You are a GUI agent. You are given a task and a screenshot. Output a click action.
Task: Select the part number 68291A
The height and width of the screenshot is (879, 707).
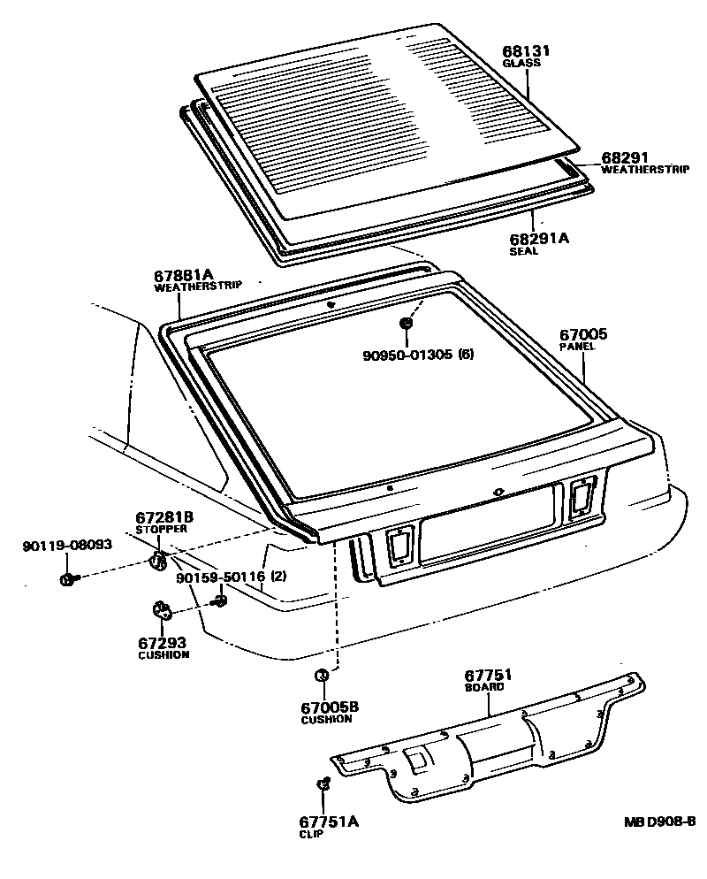[540, 238]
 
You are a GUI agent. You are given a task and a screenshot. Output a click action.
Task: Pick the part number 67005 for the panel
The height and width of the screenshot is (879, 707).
[583, 334]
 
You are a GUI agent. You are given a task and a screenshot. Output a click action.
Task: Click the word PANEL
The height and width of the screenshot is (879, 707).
[577, 347]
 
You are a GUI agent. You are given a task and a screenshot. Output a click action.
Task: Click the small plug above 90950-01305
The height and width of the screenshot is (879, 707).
[406, 325]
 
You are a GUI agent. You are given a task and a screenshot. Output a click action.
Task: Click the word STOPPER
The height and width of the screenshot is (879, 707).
[161, 529]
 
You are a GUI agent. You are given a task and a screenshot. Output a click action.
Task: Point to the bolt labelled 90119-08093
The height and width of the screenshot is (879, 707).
[67, 578]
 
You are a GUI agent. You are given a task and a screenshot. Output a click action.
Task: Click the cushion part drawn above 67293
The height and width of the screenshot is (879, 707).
[160, 610]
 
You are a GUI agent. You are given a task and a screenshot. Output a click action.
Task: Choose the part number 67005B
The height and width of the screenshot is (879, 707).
[331, 707]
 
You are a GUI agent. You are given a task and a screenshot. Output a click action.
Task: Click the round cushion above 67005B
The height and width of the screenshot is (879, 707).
[322, 676]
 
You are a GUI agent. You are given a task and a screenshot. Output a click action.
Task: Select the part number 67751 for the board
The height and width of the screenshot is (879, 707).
[489, 675]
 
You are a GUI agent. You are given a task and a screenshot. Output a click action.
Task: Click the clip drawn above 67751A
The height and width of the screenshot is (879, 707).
[323, 784]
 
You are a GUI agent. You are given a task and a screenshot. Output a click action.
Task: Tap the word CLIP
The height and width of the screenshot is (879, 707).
[312, 834]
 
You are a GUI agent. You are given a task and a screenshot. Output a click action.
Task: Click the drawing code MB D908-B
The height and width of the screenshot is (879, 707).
[659, 822]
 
